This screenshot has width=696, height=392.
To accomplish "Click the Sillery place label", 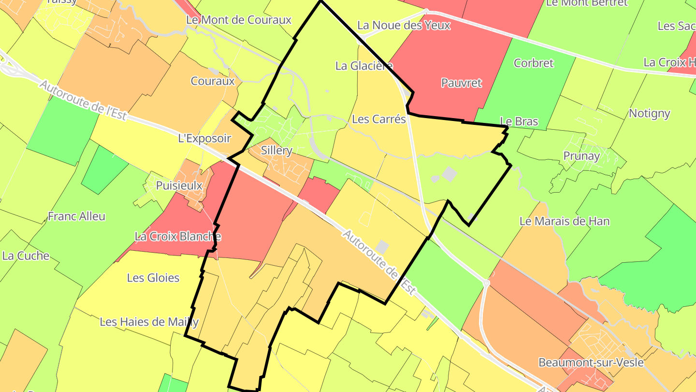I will tap(276, 151).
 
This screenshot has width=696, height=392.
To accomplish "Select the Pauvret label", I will tap(462, 83).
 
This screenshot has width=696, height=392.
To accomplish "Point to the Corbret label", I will tap(534, 63).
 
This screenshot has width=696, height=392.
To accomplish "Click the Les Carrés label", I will tap(379, 119).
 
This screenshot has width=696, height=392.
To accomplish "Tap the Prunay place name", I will tap(581, 156).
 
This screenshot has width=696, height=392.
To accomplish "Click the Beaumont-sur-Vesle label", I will tap(591, 362).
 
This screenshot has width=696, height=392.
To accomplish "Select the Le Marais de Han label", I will tap(565, 221).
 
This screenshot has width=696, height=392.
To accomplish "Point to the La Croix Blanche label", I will tap(178, 237).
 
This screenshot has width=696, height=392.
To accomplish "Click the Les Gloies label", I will tap(153, 278).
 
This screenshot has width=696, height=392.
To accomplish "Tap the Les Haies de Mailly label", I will tap(149, 322).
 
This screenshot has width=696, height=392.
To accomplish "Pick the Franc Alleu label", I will tap(76, 216).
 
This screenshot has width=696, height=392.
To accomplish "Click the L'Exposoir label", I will tap(205, 138).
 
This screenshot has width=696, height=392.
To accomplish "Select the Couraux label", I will tap(213, 81).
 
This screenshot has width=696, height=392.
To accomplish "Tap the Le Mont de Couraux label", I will tap(239, 20).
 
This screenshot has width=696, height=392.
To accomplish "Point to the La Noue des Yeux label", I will tap(404, 25).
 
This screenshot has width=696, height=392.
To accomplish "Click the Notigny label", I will tap(650, 113).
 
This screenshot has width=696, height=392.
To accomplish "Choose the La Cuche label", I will tap(26, 256).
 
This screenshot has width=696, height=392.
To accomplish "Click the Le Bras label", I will tap(519, 121).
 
